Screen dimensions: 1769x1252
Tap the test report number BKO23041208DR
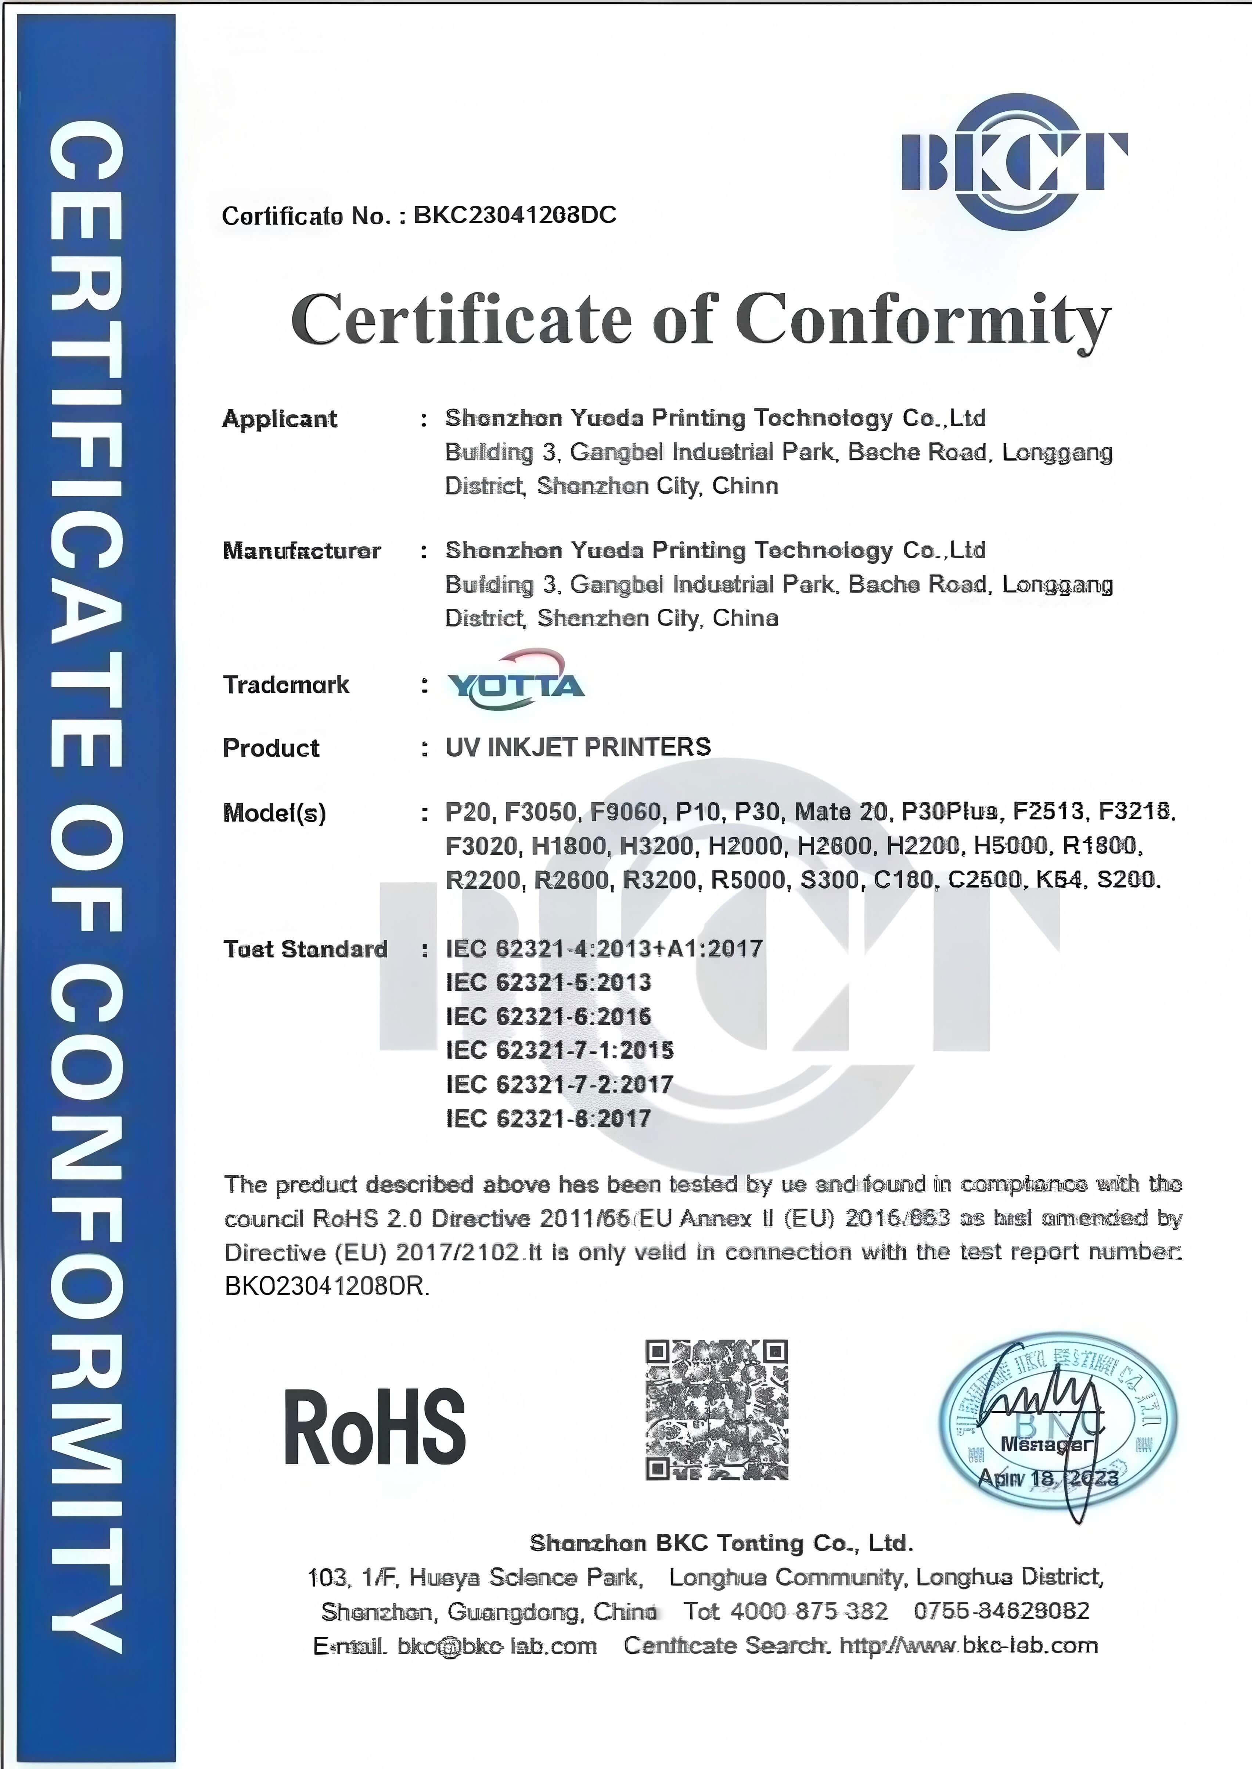327,1286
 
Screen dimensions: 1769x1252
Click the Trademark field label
286,684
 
